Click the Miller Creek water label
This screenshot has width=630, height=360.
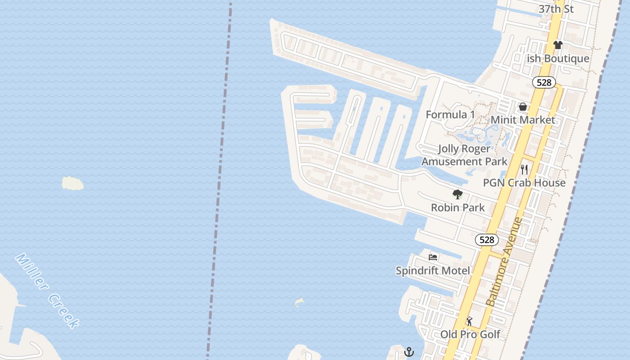click(x=48, y=290)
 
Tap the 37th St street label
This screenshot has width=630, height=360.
click(x=556, y=9)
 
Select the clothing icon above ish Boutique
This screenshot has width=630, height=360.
click(x=558, y=45)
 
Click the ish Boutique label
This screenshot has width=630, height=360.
click(x=558, y=58)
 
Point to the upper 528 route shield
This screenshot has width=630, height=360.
click(x=544, y=82)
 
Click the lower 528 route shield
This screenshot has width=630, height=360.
click(x=487, y=240)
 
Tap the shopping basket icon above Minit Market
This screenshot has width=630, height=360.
click(x=523, y=107)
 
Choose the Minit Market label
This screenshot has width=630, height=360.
click(x=523, y=120)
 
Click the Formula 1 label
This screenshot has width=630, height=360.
click(x=450, y=115)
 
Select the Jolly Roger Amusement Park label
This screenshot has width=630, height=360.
click(x=464, y=155)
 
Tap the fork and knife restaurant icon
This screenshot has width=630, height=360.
click(x=524, y=169)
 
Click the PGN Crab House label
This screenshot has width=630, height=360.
click(x=524, y=183)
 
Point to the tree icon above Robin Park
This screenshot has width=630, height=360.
click(x=458, y=194)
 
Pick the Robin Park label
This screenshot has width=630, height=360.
click(x=458, y=207)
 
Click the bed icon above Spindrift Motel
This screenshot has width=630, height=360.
click(x=433, y=257)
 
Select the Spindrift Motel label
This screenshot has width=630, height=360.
click(x=433, y=270)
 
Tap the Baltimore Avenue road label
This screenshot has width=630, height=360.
click(x=505, y=262)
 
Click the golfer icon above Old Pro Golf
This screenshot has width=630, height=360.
click(x=470, y=321)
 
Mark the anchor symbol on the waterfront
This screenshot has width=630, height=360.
click(x=409, y=351)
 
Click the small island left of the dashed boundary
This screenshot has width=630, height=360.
click(x=72, y=183)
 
